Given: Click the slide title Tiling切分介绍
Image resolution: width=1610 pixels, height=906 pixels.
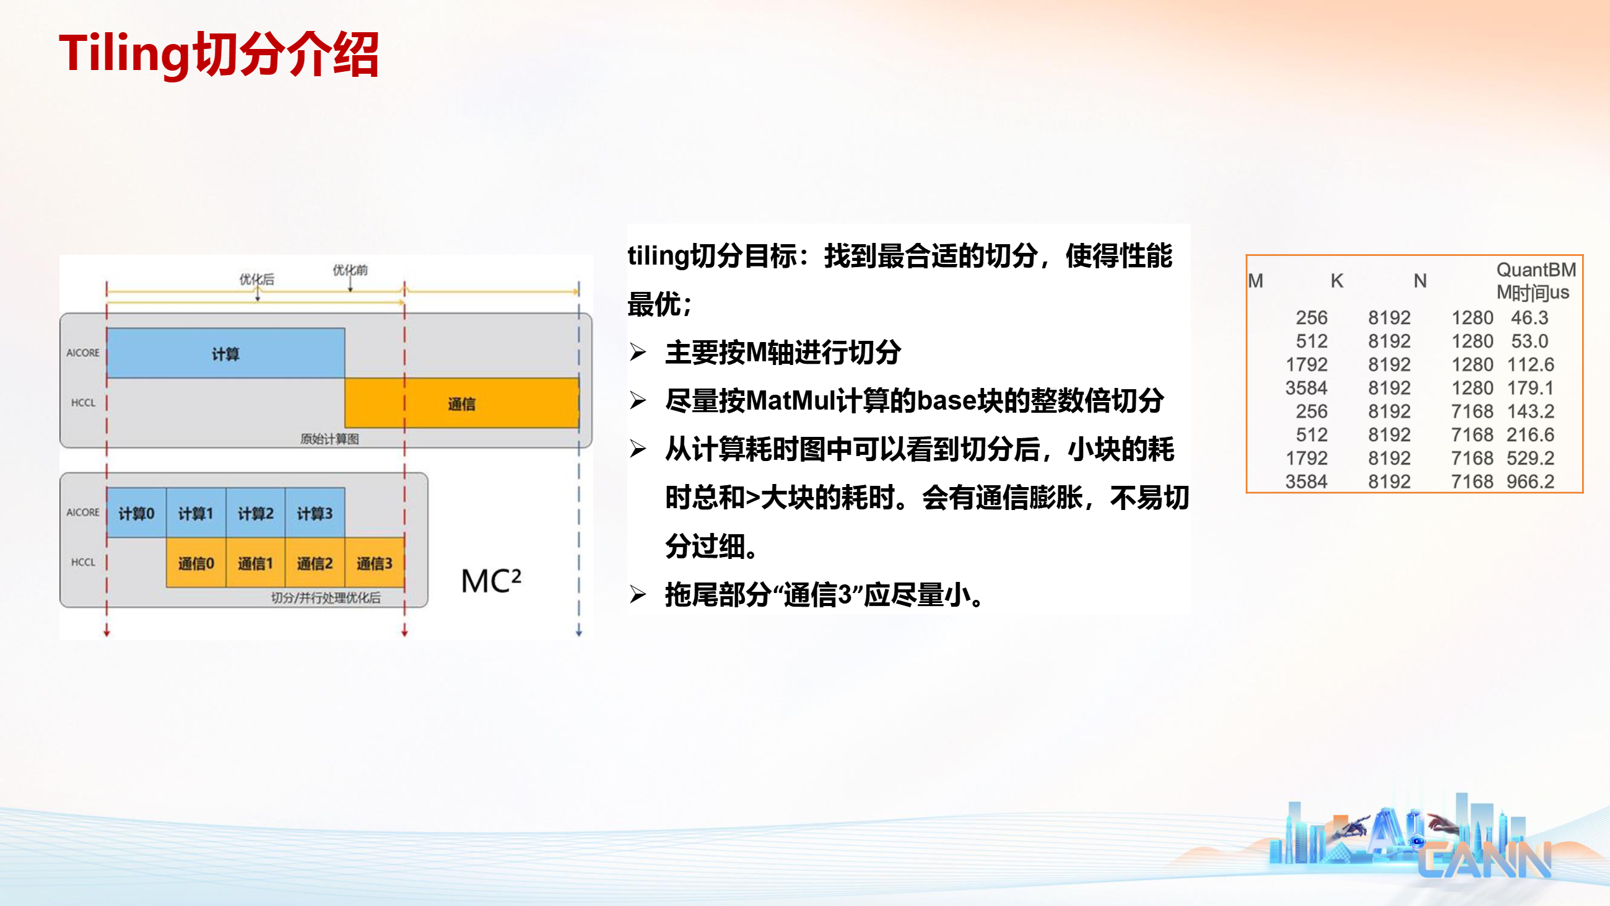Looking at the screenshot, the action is [x=219, y=55].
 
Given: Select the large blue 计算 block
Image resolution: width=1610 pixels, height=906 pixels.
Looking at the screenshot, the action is [x=225, y=353].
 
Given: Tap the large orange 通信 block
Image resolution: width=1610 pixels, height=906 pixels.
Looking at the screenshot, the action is [x=462, y=403].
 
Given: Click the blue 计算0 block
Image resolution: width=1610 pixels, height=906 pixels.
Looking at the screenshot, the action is [x=136, y=512].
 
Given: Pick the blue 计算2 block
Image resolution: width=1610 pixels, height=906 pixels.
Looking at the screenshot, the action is [x=256, y=512].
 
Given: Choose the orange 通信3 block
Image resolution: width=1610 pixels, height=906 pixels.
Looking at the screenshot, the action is [x=375, y=563].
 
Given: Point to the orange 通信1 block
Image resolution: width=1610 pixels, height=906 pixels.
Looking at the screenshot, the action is [x=256, y=563].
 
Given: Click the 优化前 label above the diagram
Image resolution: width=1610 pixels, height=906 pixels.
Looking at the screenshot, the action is [x=350, y=270].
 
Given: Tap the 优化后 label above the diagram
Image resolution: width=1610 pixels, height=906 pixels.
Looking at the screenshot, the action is [x=257, y=279].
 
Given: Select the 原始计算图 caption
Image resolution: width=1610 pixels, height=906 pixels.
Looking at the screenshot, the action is [x=329, y=438].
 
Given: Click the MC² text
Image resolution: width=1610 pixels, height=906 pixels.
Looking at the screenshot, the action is [x=490, y=581].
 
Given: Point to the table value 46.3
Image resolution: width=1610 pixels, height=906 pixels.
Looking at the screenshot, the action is [x=1529, y=318].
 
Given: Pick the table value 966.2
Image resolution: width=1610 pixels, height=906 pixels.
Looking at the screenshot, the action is [x=1529, y=482].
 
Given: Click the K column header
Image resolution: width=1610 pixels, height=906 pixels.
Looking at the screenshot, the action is [x=1337, y=281].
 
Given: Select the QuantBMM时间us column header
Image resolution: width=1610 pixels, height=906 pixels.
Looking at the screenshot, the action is [x=1535, y=281].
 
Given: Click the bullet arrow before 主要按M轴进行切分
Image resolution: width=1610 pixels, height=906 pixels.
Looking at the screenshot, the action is [x=638, y=353].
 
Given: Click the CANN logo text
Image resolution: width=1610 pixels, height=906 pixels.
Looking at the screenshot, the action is [x=1484, y=859].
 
